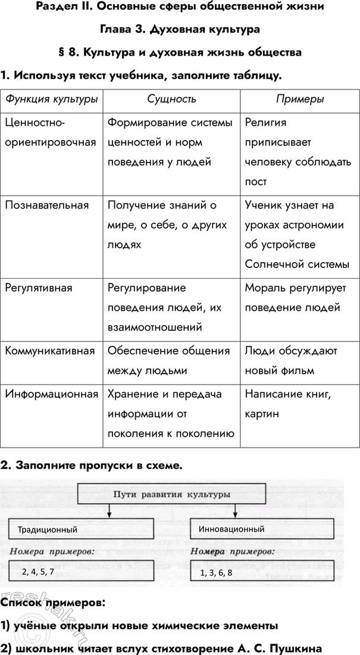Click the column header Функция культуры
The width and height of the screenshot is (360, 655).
click(x=51, y=99)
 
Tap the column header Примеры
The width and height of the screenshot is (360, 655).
click(x=300, y=99)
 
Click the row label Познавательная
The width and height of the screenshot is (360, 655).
click(x=46, y=205)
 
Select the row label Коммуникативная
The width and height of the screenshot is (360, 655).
click(x=50, y=351)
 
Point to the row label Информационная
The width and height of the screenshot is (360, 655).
click(x=51, y=394)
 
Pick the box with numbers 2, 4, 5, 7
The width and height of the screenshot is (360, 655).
click(x=82, y=572)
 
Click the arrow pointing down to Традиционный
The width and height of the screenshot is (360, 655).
click(x=109, y=510)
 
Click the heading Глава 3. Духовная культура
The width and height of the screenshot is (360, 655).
click(x=179, y=29)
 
